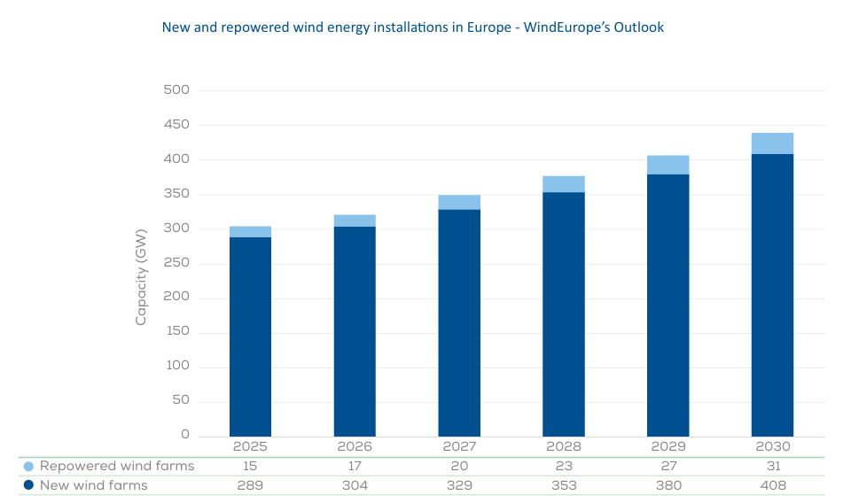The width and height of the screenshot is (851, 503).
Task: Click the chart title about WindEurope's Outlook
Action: pos(412,27)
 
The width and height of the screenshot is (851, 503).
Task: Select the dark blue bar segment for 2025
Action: pos(250,337)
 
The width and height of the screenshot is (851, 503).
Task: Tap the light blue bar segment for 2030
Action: pos(772,143)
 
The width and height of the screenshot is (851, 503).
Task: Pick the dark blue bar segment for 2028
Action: pos(564,314)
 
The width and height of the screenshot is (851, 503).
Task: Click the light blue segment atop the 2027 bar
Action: pos(459,202)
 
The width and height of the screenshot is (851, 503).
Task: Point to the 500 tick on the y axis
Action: pos(176,89)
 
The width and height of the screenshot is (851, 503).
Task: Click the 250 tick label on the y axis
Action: pos(176,263)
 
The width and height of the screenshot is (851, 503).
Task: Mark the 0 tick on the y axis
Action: pos(185,435)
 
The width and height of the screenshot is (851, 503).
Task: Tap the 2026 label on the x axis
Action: pos(355,447)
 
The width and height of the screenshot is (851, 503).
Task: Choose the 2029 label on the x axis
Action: pos(668,447)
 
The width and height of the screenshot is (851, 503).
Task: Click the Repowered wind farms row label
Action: pos(117,466)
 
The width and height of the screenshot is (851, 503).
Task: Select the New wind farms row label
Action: pos(94,485)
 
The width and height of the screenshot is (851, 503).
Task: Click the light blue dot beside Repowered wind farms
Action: pos(28,466)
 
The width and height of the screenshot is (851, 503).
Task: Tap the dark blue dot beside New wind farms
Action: pos(28,485)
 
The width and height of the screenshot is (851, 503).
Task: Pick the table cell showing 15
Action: pos(250,466)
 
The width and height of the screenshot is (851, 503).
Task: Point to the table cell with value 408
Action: pos(772,485)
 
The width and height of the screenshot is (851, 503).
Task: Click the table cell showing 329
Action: pos(459,485)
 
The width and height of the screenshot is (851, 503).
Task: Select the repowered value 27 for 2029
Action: pos(668,466)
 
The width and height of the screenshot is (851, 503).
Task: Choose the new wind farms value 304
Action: pos(355,485)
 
